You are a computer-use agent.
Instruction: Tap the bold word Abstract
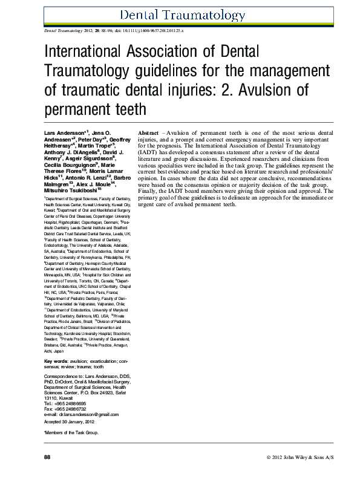148,132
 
